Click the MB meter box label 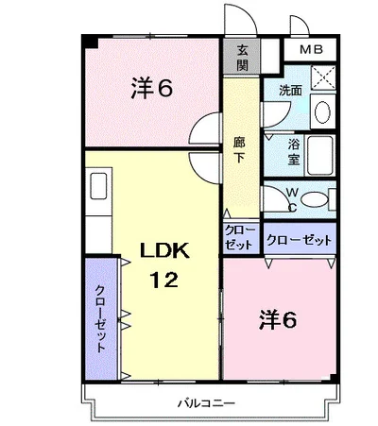coord(311,49)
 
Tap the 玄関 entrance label coord(242,58)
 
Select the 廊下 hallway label coord(239,150)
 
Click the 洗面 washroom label coord(291,91)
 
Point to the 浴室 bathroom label coord(294,153)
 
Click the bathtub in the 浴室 coord(320,156)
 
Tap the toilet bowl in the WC coord(314,199)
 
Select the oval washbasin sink coord(322,112)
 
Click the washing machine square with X coord(323,77)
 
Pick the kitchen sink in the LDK coord(98,186)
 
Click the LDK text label coord(164,250)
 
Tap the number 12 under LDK coord(163,280)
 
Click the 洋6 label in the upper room coord(152,88)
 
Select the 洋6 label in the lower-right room coord(278,320)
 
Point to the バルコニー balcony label coord(206,403)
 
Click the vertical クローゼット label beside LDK coord(101,318)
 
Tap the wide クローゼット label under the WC coord(300,241)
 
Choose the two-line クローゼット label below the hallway coord(240,238)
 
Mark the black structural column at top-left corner coord(90,42)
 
